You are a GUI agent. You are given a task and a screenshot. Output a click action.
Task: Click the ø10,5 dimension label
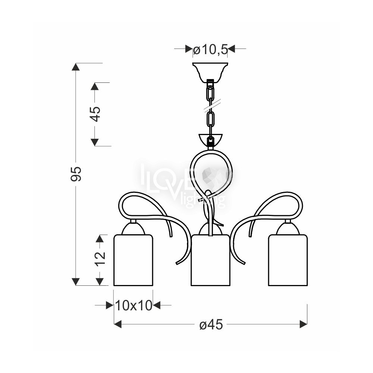210,50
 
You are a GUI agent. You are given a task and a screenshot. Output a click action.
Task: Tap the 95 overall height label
76,174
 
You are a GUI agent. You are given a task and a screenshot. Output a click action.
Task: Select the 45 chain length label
95,114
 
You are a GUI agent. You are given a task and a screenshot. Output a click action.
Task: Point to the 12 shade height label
100,258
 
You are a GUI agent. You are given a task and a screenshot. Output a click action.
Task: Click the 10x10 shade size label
134,305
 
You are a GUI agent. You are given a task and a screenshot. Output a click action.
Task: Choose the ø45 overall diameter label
211,324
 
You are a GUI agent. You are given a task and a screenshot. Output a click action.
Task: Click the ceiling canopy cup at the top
210,72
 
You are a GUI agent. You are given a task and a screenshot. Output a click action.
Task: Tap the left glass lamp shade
133,260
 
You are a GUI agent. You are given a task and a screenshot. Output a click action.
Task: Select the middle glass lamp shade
210,260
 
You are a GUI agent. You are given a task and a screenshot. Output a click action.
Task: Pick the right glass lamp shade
288,260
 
